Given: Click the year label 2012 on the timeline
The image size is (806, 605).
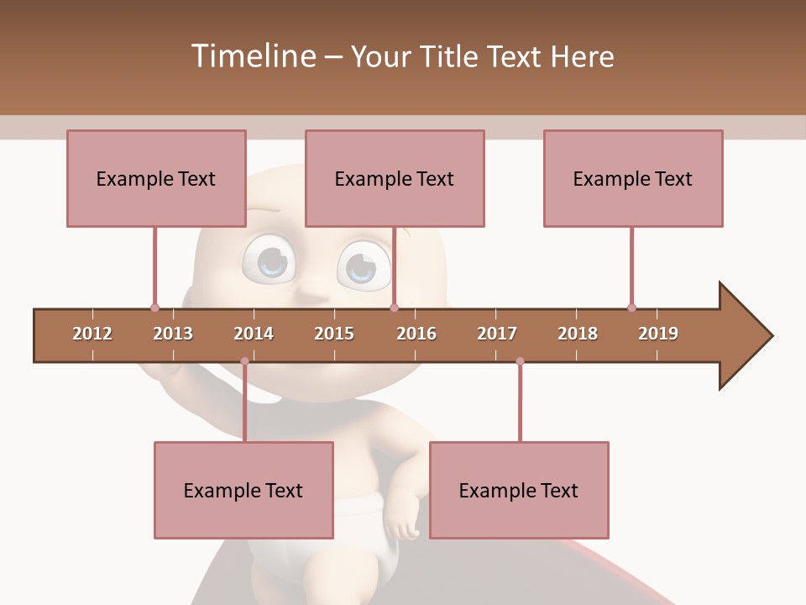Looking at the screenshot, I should tap(92, 334).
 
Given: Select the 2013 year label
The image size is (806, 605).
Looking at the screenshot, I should tap(173, 334).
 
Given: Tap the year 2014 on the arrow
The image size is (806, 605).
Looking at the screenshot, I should tap(254, 334).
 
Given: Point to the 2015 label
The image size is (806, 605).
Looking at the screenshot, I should tap(334, 334).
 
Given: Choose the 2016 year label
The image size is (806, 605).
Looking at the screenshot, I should tap(416, 334).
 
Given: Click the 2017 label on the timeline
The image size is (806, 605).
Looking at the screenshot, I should tap(497, 334).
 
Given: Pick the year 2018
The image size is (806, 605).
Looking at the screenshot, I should tap(578, 334).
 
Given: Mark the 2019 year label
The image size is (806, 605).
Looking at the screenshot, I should tap(658, 334).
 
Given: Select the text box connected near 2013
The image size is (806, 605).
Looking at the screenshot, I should tap(156, 178).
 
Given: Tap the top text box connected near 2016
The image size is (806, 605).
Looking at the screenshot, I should tap(395, 178).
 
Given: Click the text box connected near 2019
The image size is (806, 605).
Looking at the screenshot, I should tap(633, 178).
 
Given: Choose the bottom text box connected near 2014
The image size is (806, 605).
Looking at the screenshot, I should tap(243, 490).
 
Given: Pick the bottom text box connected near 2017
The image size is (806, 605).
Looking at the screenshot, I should tap(519, 490).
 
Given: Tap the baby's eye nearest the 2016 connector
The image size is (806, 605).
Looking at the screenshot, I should tap(363, 265).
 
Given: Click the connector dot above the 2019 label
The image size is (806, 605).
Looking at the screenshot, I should tap(631, 308).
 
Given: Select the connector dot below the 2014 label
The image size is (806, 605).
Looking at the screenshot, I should tap(244, 361).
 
